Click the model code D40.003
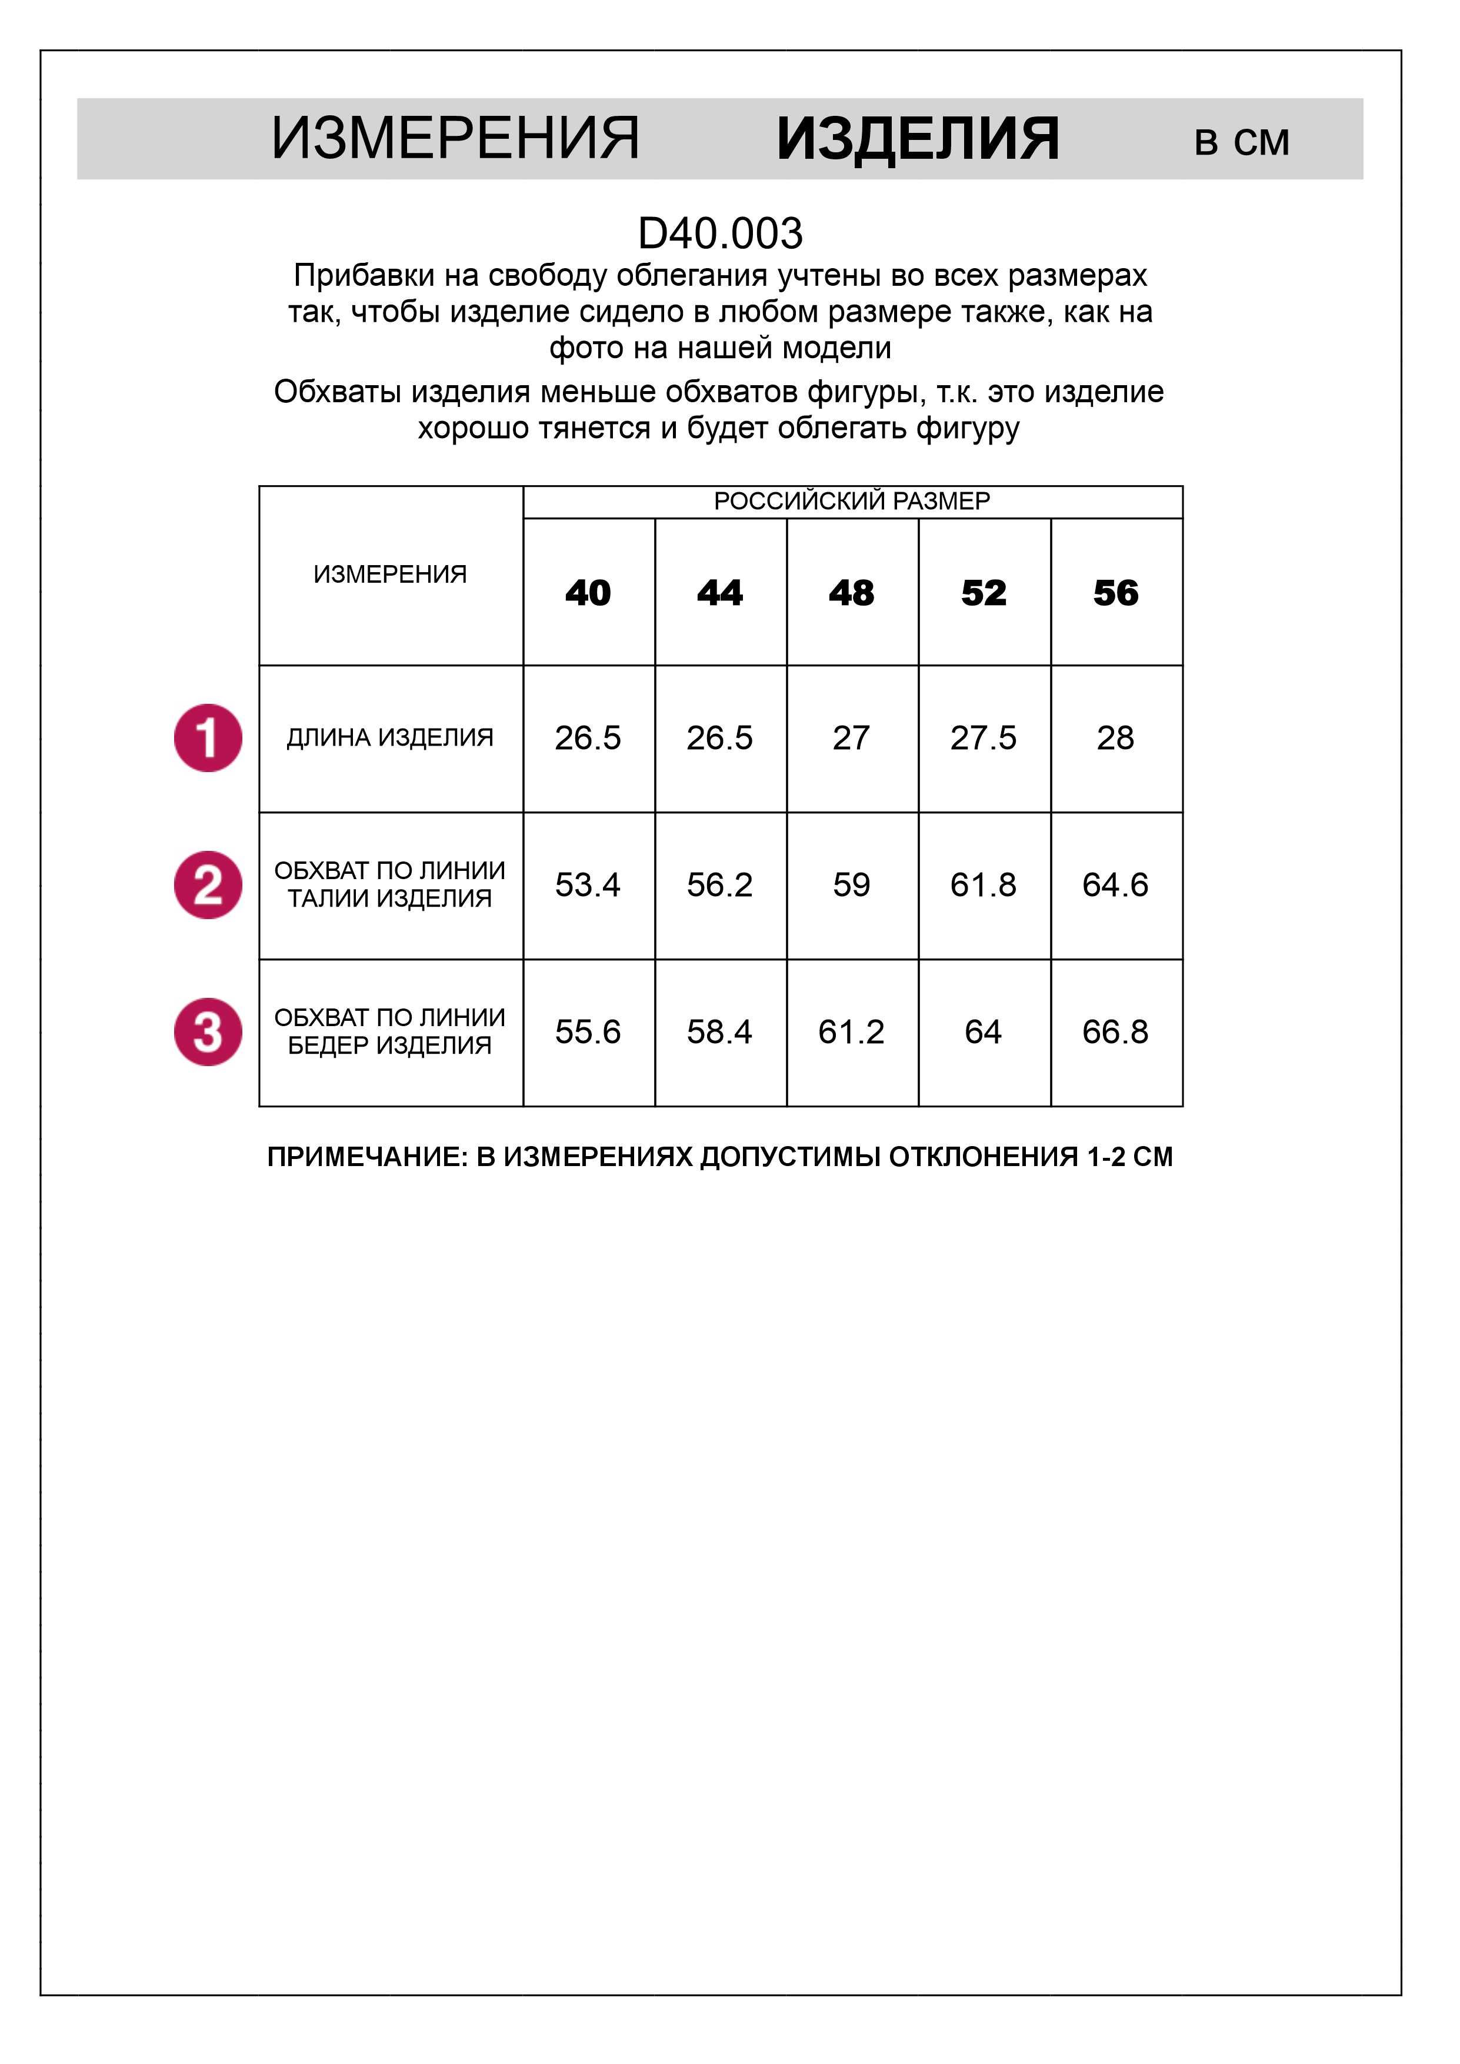(x=719, y=233)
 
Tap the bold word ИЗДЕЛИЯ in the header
(x=918, y=139)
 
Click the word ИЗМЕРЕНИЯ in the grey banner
(x=455, y=139)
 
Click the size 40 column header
(x=588, y=593)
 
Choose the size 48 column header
(x=851, y=593)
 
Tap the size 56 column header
(x=1116, y=593)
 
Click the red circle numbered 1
(x=208, y=738)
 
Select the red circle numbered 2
(x=208, y=886)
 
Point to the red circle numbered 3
(x=208, y=1032)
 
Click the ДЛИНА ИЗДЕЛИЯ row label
(x=390, y=738)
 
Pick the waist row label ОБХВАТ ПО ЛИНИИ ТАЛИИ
(x=390, y=884)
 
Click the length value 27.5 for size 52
(x=984, y=738)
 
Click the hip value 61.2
(x=851, y=1032)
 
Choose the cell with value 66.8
(x=1116, y=1032)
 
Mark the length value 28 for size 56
(x=1116, y=738)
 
